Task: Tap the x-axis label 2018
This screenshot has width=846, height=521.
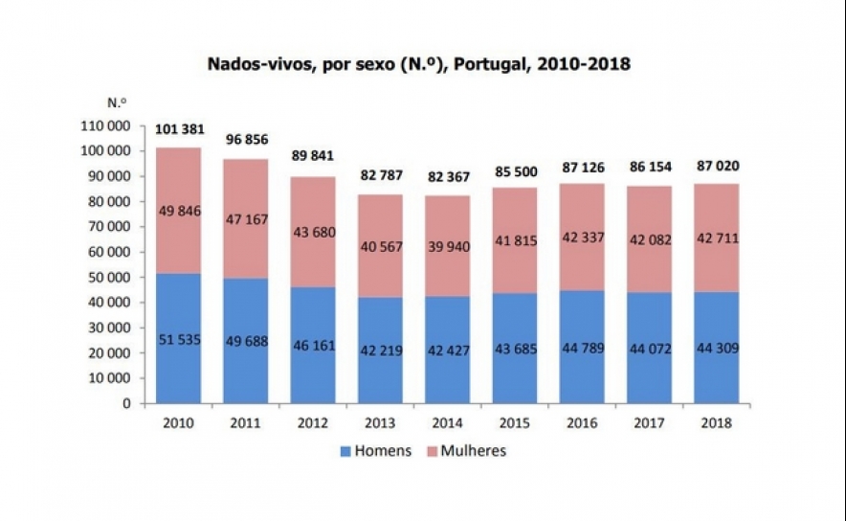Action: [716, 422]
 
